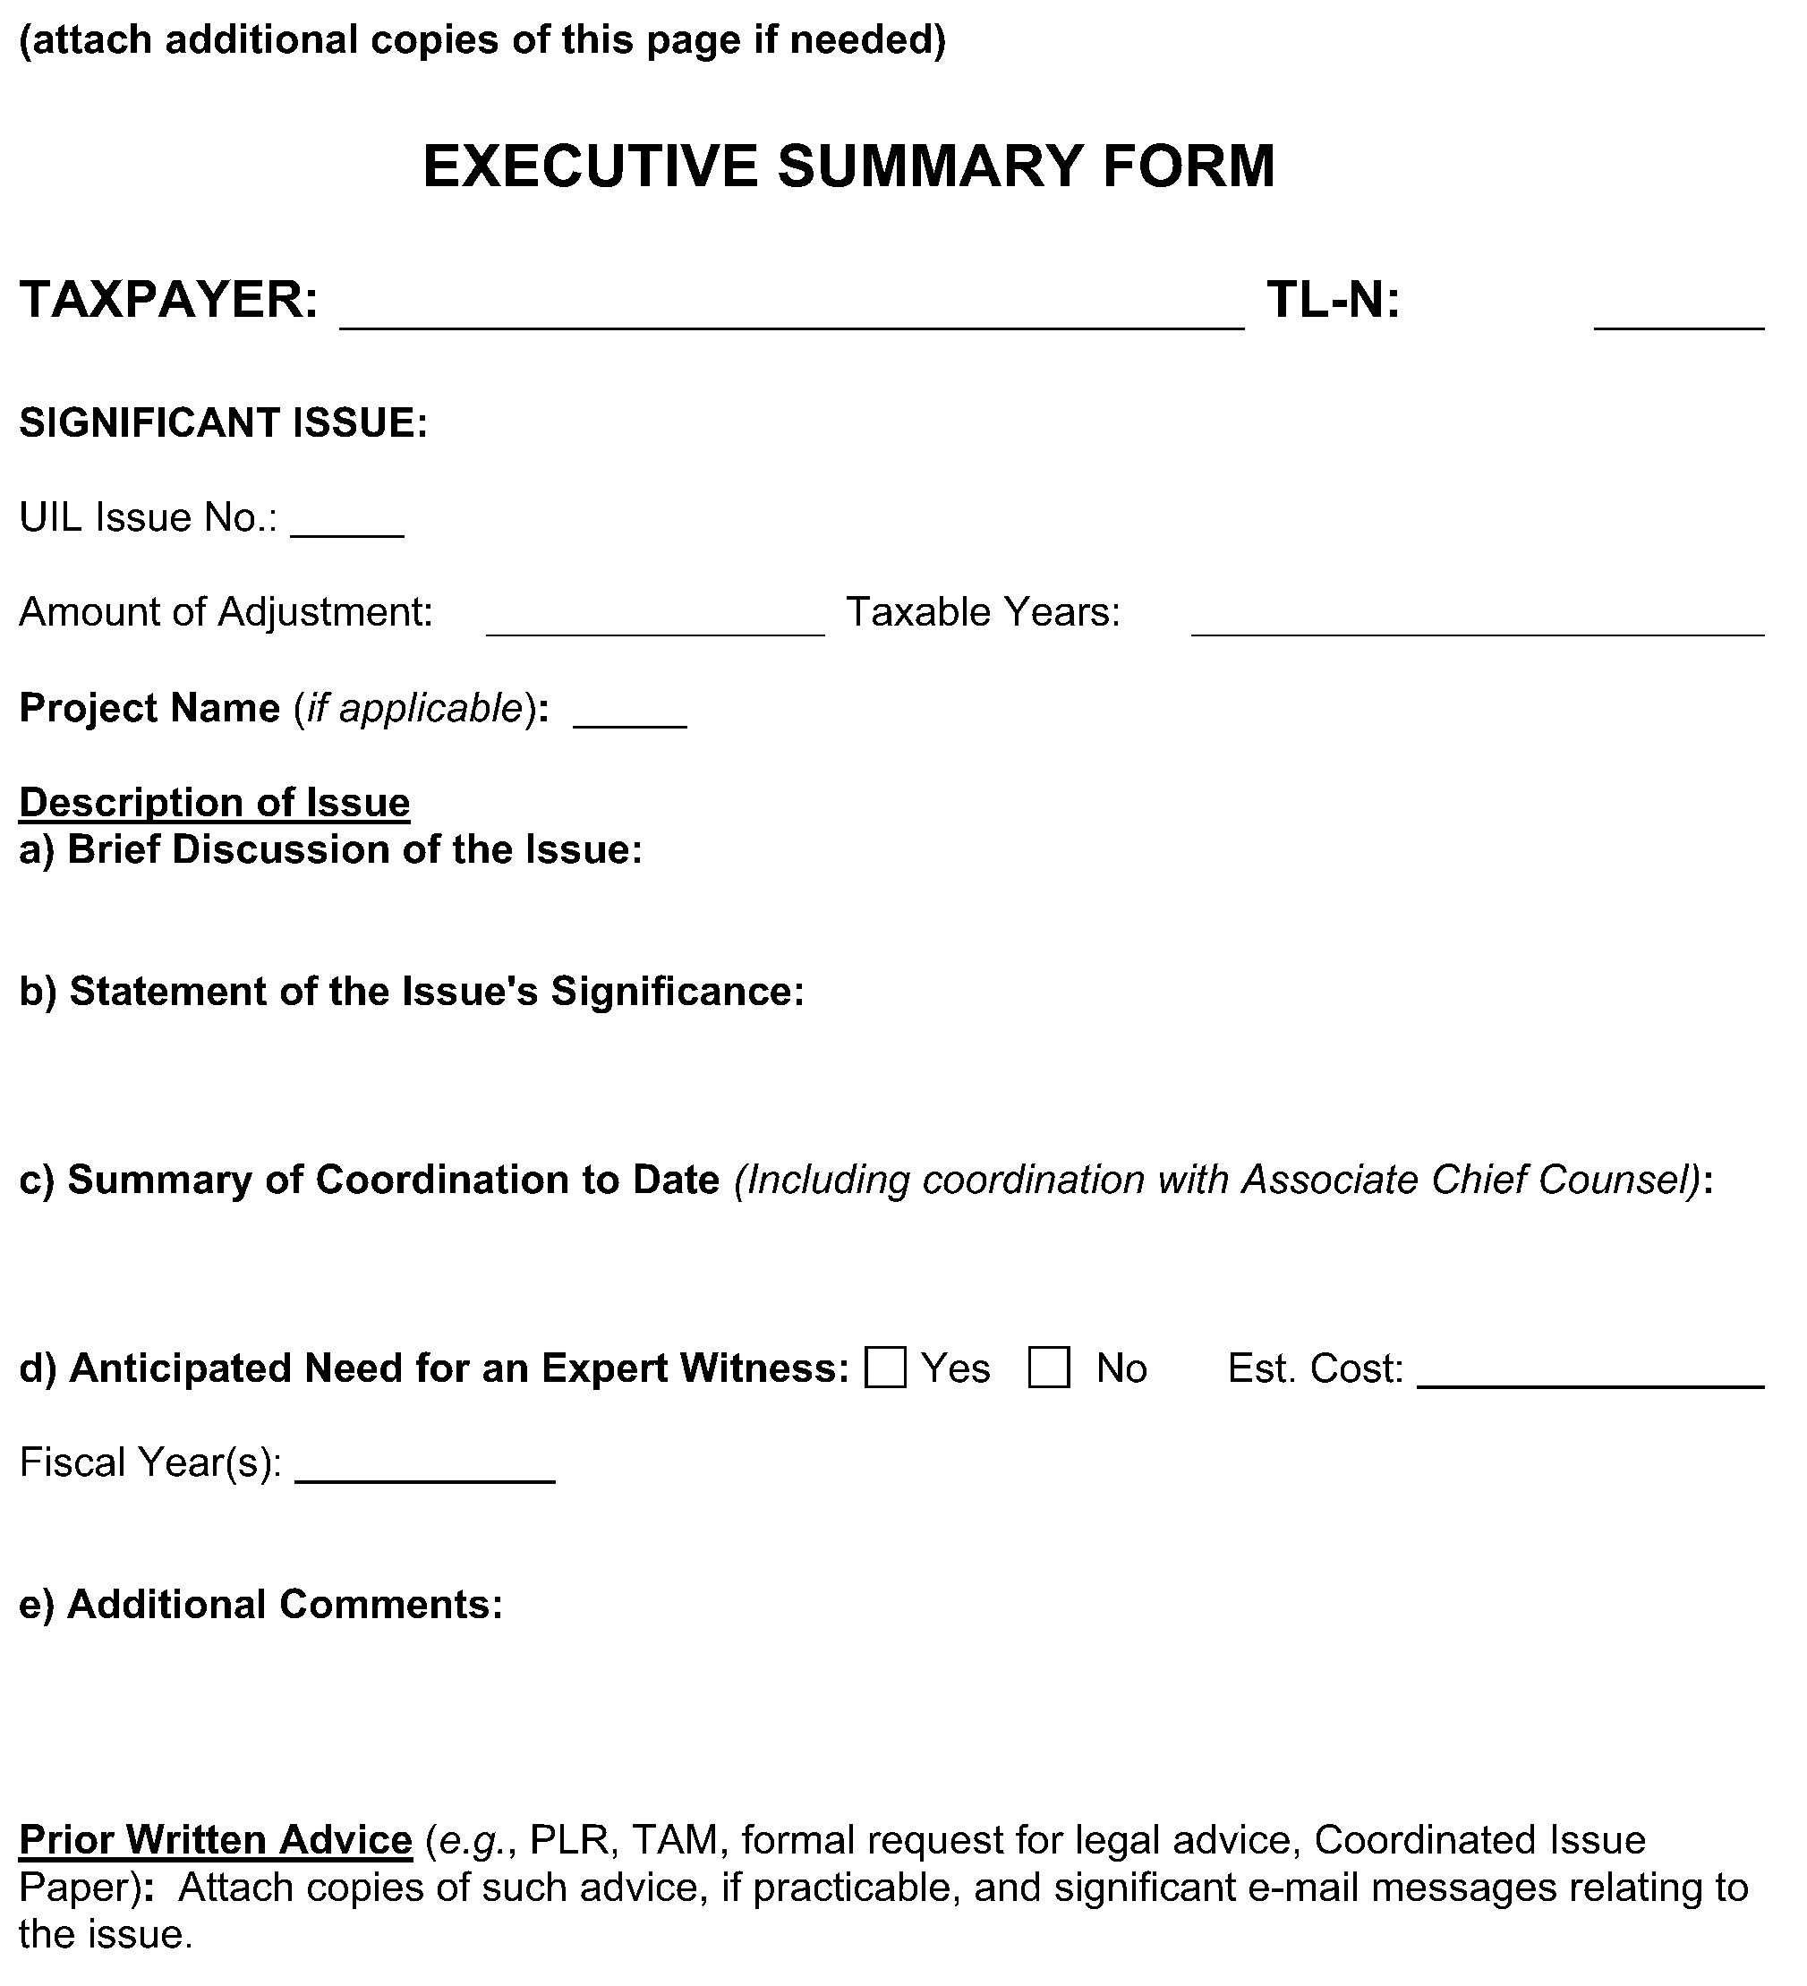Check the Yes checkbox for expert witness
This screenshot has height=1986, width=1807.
click(885, 1368)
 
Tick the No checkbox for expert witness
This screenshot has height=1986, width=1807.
click(1048, 1368)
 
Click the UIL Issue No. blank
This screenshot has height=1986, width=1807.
click(348, 524)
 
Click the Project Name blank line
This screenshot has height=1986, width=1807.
click(629, 715)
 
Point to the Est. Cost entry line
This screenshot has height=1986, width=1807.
click(1590, 1374)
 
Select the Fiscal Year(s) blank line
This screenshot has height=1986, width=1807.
click(424, 1469)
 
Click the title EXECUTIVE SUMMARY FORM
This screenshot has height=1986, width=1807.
click(848, 166)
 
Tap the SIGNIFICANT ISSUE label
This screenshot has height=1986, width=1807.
click(224, 422)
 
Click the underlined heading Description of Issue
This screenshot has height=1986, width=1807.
click(214, 802)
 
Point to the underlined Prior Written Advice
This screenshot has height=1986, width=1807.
click(215, 1839)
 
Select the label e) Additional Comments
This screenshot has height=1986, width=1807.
click(261, 1604)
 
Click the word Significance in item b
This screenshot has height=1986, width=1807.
click(677, 991)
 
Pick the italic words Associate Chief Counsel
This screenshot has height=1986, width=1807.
click(1467, 1180)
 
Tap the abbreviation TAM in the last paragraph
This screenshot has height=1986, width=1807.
click(677, 1839)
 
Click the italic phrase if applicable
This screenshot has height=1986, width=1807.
click(414, 707)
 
